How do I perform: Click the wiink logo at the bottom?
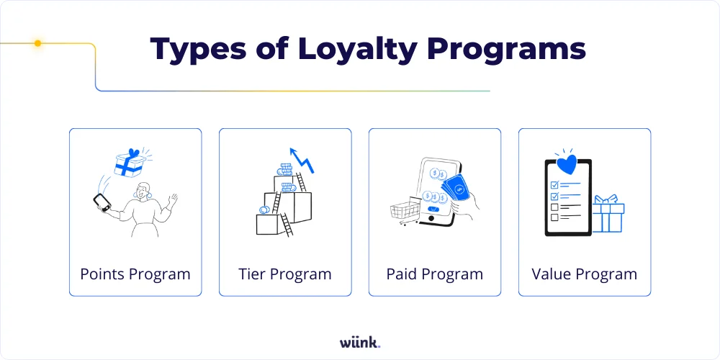(360, 341)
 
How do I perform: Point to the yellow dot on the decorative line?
(38, 43)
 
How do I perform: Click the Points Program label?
(135, 274)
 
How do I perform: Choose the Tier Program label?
(285, 274)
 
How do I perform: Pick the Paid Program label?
(435, 274)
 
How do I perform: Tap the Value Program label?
(585, 274)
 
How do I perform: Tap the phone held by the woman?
(102, 202)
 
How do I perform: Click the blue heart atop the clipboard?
(568, 163)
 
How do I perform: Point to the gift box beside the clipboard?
(608, 214)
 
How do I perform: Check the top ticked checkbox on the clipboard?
(554, 184)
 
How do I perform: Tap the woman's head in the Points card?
(143, 192)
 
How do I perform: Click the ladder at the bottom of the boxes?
(286, 224)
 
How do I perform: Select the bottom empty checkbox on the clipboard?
(554, 217)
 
